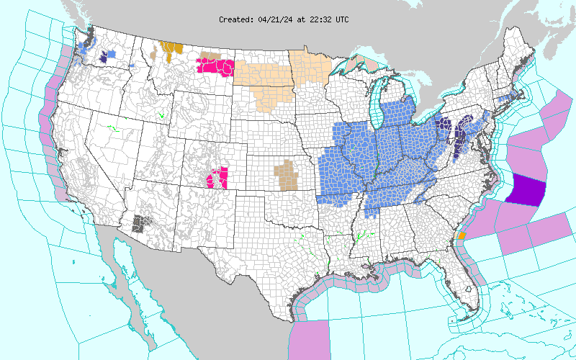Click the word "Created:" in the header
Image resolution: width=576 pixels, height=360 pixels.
236,19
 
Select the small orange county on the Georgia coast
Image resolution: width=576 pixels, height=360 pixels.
462,235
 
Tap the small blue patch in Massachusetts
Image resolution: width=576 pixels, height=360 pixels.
513,95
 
